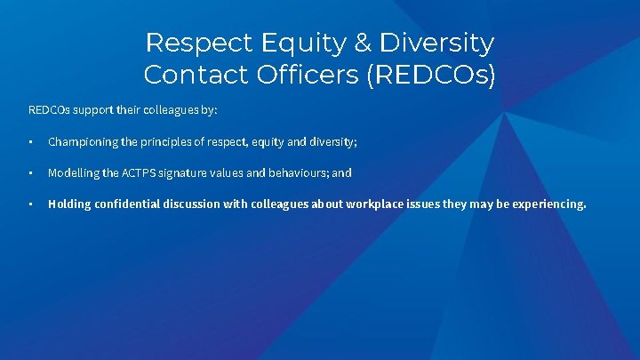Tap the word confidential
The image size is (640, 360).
128,204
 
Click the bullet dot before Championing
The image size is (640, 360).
30,142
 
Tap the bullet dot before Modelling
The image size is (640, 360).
30,173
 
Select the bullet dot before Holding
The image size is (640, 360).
30,204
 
